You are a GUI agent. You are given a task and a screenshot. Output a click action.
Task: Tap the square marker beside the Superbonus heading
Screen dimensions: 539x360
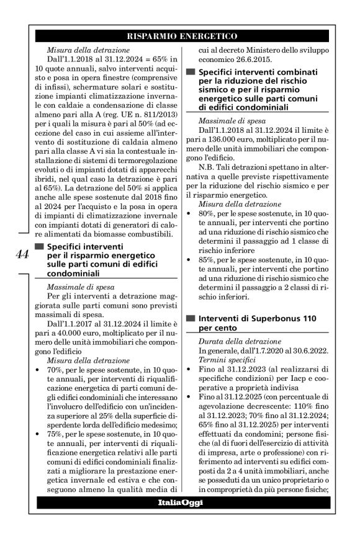tap(191, 318)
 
